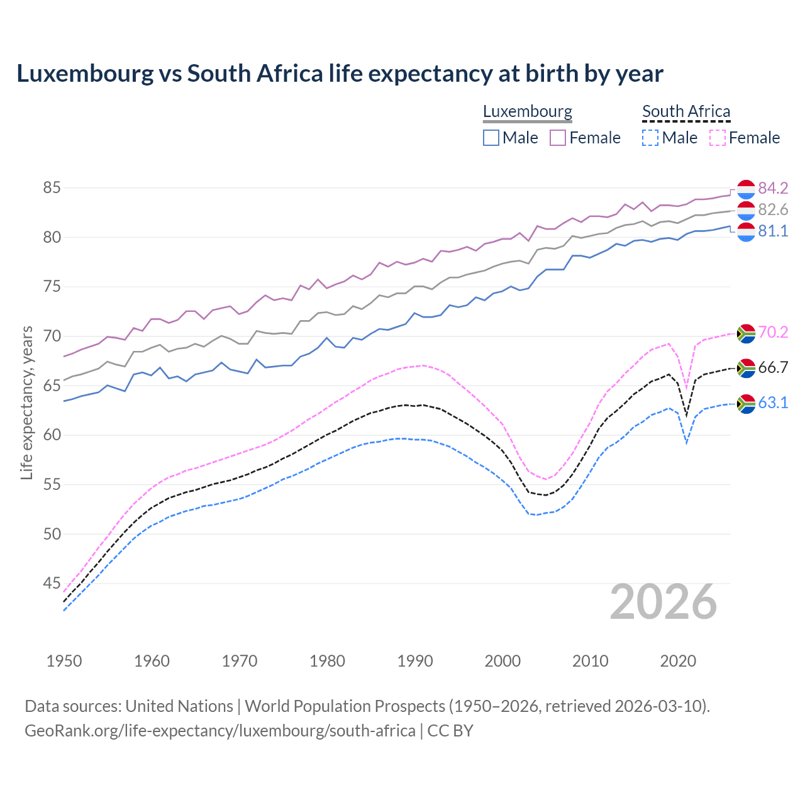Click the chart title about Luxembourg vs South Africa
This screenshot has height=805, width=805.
340,74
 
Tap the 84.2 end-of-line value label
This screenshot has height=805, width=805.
773,188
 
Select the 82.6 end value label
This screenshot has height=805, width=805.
773,209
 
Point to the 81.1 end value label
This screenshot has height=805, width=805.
773,231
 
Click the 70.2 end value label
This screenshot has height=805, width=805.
773,332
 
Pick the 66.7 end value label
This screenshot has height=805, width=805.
773,367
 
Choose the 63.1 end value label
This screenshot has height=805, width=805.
773,402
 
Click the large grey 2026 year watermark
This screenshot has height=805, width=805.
663,602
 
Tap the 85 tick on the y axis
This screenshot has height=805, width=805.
52,188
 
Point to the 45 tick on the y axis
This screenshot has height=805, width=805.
52,584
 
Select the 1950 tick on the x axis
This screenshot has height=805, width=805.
64,661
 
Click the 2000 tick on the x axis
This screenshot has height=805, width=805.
502,661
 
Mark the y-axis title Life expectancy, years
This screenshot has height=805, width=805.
27,402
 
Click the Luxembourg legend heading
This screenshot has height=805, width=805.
527,111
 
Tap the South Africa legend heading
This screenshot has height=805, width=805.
686,111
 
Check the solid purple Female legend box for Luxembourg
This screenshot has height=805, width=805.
558,138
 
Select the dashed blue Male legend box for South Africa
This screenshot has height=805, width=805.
650,138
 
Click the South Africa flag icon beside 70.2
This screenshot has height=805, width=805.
746,333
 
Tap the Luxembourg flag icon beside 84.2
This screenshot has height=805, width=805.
746,189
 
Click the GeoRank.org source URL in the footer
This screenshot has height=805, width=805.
220,731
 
